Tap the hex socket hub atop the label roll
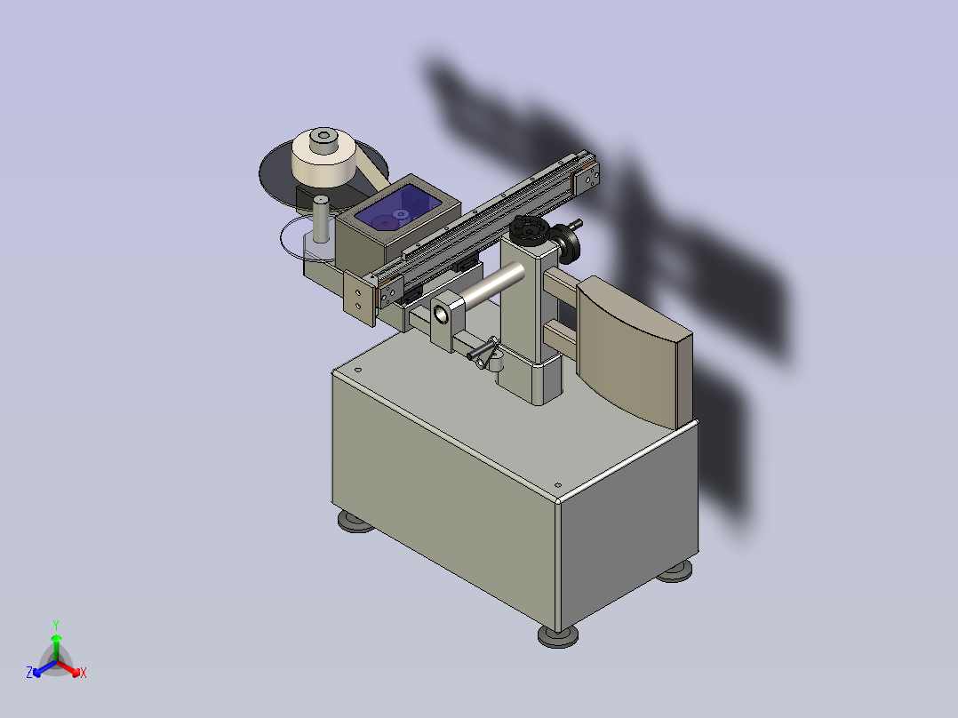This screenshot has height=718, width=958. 323,140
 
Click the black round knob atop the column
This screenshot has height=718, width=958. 529,229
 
